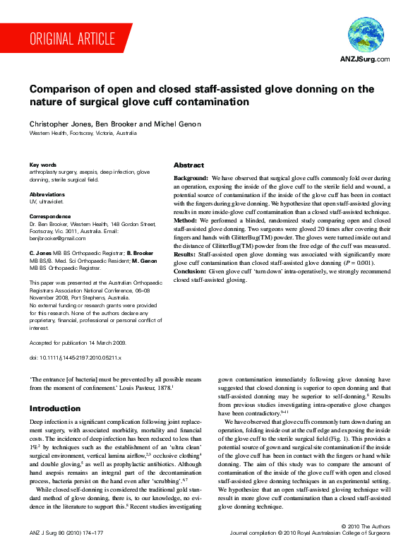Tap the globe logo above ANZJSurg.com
pyautogui.click(x=365, y=35)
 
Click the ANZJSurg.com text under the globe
pyautogui.click(x=365, y=59)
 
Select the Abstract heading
pyautogui.click(x=188, y=164)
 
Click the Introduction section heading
pyautogui.click(x=55, y=408)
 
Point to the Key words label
pyautogui.click(x=43, y=164)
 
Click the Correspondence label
pyautogui.click(x=51, y=217)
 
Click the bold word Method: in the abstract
pyautogui.click(x=186, y=221)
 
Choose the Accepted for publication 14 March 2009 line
pyautogui.click(x=78, y=342)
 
